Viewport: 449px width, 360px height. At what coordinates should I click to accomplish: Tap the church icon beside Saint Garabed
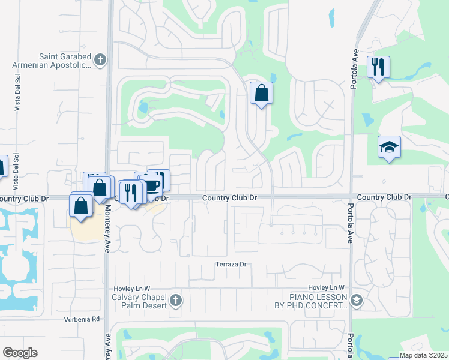point(100,59)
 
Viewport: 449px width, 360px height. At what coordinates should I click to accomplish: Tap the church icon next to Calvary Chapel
point(175,299)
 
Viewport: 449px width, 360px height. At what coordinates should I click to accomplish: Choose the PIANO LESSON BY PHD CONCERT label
point(319,301)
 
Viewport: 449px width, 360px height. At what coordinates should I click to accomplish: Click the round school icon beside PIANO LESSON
point(356,300)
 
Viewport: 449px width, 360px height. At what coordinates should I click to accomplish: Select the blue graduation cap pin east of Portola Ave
point(389,146)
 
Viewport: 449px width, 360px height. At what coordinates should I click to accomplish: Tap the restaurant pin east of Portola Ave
point(378,67)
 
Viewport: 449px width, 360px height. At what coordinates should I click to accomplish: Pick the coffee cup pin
point(152,185)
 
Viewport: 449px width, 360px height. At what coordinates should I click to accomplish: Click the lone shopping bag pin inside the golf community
point(261,93)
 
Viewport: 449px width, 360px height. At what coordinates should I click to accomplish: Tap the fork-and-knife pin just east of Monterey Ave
point(130,192)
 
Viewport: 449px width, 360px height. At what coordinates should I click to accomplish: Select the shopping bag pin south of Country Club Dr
point(81,206)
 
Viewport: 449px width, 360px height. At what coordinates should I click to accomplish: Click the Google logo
point(20,353)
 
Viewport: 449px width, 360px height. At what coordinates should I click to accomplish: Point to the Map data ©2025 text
point(423,355)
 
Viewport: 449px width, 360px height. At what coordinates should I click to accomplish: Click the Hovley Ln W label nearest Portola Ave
point(327,288)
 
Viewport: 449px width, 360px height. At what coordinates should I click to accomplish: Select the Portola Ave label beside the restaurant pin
point(354,70)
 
